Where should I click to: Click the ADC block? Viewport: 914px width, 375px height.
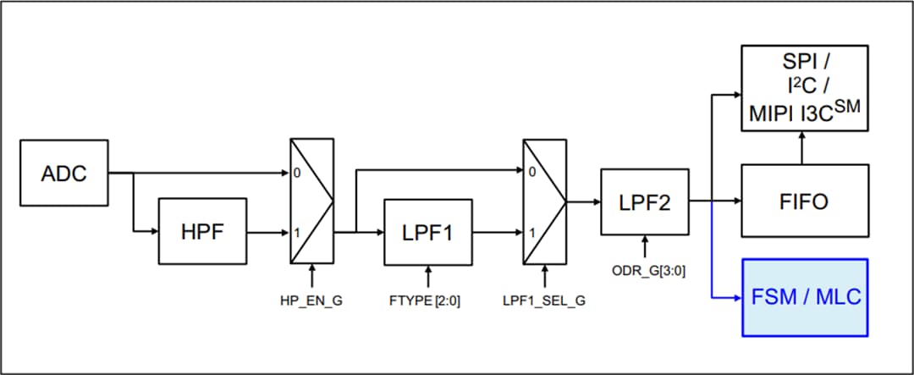[x=64, y=174]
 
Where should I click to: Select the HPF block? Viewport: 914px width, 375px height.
[x=202, y=230]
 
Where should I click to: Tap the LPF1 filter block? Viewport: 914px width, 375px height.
[x=427, y=230]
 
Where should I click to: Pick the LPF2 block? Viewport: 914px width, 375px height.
[x=646, y=201]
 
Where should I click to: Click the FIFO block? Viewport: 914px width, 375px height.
[x=805, y=201]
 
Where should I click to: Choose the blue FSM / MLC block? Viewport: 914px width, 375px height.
[x=805, y=297]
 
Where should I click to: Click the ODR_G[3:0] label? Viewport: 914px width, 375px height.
[x=646, y=270]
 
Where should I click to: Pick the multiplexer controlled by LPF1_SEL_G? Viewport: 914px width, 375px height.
[x=544, y=201]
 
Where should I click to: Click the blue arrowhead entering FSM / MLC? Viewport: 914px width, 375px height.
[x=736, y=297]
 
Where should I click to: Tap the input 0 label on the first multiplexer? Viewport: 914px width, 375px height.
[x=295, y=173]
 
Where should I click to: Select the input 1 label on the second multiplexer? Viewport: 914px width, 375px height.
[x=530, y=230]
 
